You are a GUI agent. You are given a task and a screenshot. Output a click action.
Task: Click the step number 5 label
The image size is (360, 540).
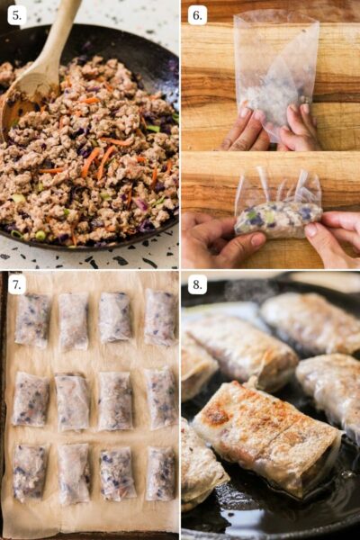(16, 15)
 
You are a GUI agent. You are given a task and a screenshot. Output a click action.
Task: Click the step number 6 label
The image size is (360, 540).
(198, 15)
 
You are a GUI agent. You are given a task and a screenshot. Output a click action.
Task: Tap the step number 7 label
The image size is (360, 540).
(16, 285)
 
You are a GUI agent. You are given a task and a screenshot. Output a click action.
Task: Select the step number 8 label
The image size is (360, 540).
(198, 285)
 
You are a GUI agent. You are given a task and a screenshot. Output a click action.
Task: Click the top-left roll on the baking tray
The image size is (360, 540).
(33, 319)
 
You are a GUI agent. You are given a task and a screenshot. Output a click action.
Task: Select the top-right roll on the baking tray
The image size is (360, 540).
(160, 317)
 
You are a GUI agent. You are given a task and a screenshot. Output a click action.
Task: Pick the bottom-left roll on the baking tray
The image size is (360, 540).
(31, 472)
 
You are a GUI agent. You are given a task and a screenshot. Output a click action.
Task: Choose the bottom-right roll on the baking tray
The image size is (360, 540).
(160, 473)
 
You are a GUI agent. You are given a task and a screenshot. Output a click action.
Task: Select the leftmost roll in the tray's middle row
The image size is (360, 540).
(31, 399)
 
